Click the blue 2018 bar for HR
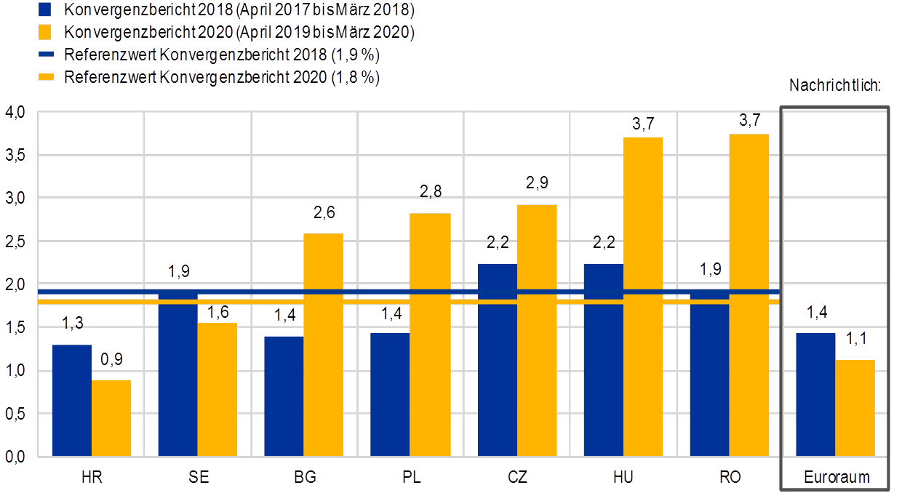pos(71,400)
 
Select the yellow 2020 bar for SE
pos(217,389)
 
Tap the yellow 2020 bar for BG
pos(324,345)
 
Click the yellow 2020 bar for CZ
pos(537,330)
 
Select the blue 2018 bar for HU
pos(603,360)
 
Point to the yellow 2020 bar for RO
pos(749,294)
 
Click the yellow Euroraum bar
pos(855,408)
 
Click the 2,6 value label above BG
pos(324,213)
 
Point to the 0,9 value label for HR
pos(111,360)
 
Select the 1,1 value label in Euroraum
pos(855,340)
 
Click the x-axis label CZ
pos(517,477)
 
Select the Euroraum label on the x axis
pos(835,478)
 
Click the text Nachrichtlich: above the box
pos(835,86)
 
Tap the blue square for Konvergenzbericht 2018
pos(44,10)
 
